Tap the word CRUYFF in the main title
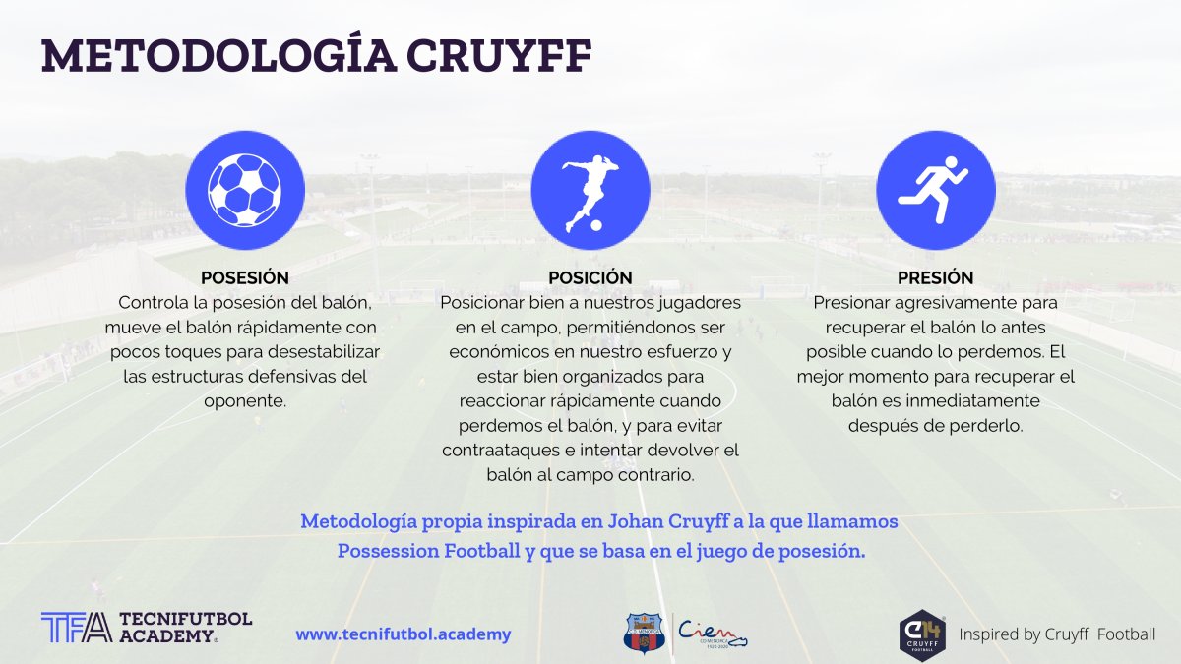coord(499,55)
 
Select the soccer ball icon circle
coord(245,190)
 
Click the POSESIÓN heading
coord(245,277)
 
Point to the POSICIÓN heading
coord(590,277)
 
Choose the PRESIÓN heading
coord(936,277)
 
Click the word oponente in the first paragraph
coord(245,401)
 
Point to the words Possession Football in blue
coord(429,551)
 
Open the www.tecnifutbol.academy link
coord(404,634)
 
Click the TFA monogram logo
coord(77,628)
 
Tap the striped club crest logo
coord(644,633)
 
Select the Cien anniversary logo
coord(713,634)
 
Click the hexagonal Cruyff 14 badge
coord(922,635)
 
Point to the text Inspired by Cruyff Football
coord(1057,634)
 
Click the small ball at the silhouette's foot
coord(596,225)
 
